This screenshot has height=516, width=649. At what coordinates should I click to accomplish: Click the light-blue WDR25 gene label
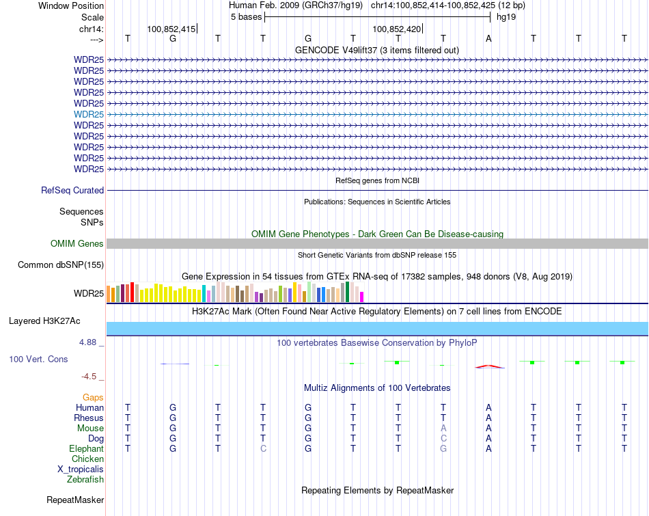[x=89, y=114]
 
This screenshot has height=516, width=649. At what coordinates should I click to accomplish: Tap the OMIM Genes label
[x=77, y=244]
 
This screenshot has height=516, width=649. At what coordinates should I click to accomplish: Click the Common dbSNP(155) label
[x=61, y=265]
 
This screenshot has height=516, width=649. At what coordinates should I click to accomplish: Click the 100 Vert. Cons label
[x=38, y=359]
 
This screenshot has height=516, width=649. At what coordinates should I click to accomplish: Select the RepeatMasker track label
[x=75, y=500]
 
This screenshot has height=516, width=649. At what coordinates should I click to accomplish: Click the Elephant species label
[x=86, y=449]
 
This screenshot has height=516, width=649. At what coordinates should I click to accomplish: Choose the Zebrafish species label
[x=85, y=480]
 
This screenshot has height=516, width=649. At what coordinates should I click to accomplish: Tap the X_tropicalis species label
[x=81, y=470]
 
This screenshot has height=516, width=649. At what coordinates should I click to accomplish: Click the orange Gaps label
[x=93, y=397]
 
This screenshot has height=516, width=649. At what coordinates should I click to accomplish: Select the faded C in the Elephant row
[x=263, y=449]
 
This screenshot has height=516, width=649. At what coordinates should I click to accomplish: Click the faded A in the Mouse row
[x=443, y=429]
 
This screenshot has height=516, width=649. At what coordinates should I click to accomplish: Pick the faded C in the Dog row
[x=443, y=439]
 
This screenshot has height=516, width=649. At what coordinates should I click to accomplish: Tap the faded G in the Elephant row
[x=443, y=449]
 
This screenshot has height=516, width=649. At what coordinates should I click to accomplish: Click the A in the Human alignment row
[x=488, y=408]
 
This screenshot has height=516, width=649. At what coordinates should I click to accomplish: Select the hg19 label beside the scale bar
[x=506, y=16]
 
